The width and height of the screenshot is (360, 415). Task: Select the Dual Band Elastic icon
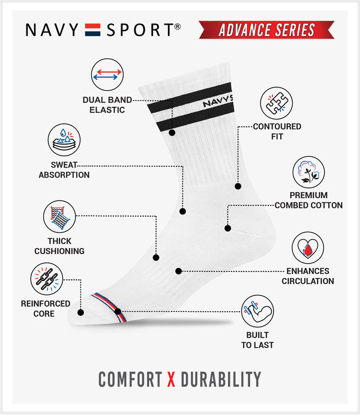pos(107,74)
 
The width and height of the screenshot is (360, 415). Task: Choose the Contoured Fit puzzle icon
pos(276,103)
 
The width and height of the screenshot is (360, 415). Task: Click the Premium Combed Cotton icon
pos(309,172)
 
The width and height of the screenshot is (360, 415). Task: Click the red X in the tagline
pos(171,379)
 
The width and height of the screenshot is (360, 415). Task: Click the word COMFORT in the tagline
pos(130,379)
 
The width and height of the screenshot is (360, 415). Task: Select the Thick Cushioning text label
pos(59,246)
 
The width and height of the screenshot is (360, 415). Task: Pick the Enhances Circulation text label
pos(308,276)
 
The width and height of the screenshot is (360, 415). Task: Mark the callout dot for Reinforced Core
pos(81,312)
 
